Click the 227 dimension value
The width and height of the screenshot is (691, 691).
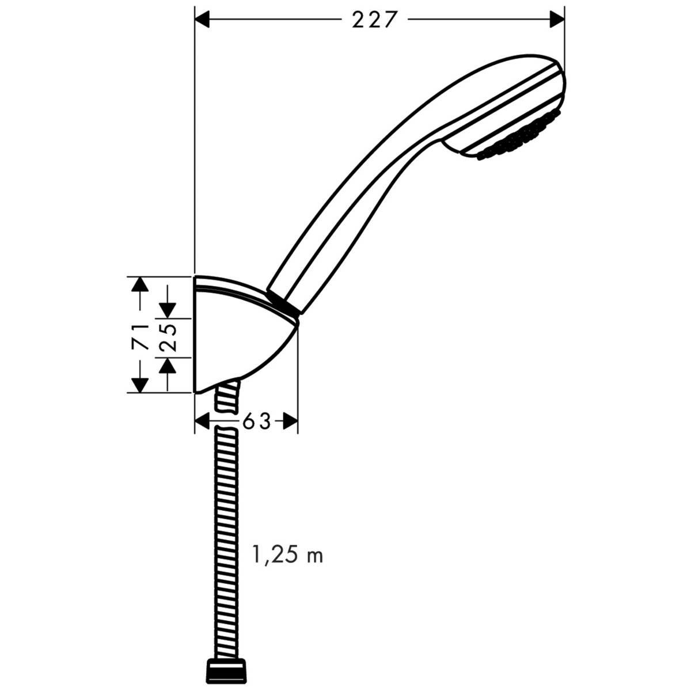pos(375,20)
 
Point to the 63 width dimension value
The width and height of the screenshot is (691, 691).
pos(256,422)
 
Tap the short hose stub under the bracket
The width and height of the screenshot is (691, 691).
pos(226,397)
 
